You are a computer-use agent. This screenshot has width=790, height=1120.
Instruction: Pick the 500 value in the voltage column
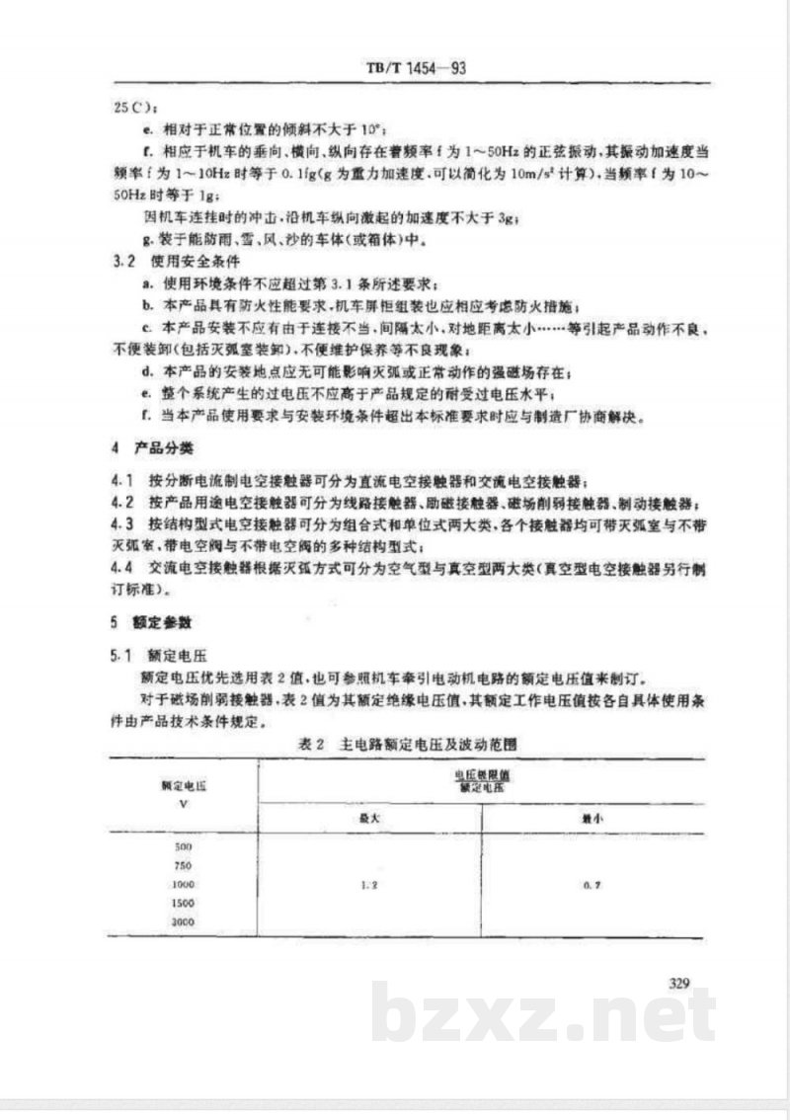coord(184,847)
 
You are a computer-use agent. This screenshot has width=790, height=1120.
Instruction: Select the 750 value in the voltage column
coord(184,865)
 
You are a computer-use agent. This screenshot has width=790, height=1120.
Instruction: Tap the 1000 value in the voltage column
coord(184,883)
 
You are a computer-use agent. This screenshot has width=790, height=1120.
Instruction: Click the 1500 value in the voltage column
coord(184,902)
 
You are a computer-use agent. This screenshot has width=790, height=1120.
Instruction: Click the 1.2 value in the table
coord(369,884)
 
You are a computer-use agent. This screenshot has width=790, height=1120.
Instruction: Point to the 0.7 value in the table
coord(592,884)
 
